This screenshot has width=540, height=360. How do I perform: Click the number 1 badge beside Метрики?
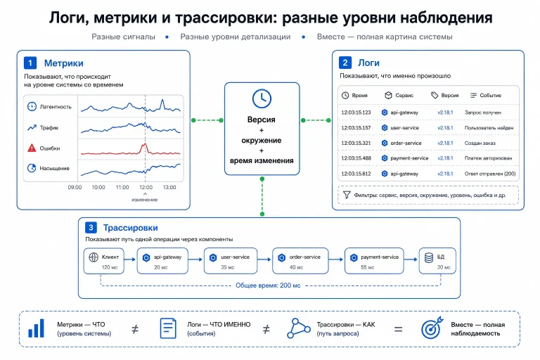[30, 63]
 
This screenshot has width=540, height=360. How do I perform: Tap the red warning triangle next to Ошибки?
[32, 148]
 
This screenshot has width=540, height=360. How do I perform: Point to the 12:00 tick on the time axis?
[146, 187]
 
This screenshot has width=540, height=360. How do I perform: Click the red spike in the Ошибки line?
[145, 148]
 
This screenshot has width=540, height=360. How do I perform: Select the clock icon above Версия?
[262, 98]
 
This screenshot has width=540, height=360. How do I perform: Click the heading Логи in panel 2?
[368, 63]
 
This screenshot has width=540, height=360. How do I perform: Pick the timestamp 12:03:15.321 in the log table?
[356, 143]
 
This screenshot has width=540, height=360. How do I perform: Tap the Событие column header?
[490, 95]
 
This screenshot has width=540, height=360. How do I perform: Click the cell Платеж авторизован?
[488, 158]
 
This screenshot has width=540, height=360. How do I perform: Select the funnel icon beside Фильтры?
[347, 195]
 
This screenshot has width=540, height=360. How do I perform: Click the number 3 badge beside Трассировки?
[91, 227]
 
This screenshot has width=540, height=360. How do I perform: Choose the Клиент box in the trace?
[103, 261]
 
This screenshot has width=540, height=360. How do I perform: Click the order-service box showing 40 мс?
[300, 261]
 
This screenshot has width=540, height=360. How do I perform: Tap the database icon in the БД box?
[429, 257]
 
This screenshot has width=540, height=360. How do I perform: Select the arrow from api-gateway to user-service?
[195, 259]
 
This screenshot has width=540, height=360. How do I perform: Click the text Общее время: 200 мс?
[268, 285]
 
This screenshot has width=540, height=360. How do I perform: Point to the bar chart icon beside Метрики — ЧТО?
[36, 328]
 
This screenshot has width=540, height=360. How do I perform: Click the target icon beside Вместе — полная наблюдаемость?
[432, 328]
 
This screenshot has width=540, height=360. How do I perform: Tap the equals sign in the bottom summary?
[398, 329]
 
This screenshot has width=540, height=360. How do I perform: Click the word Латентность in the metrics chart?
[56, 107]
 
